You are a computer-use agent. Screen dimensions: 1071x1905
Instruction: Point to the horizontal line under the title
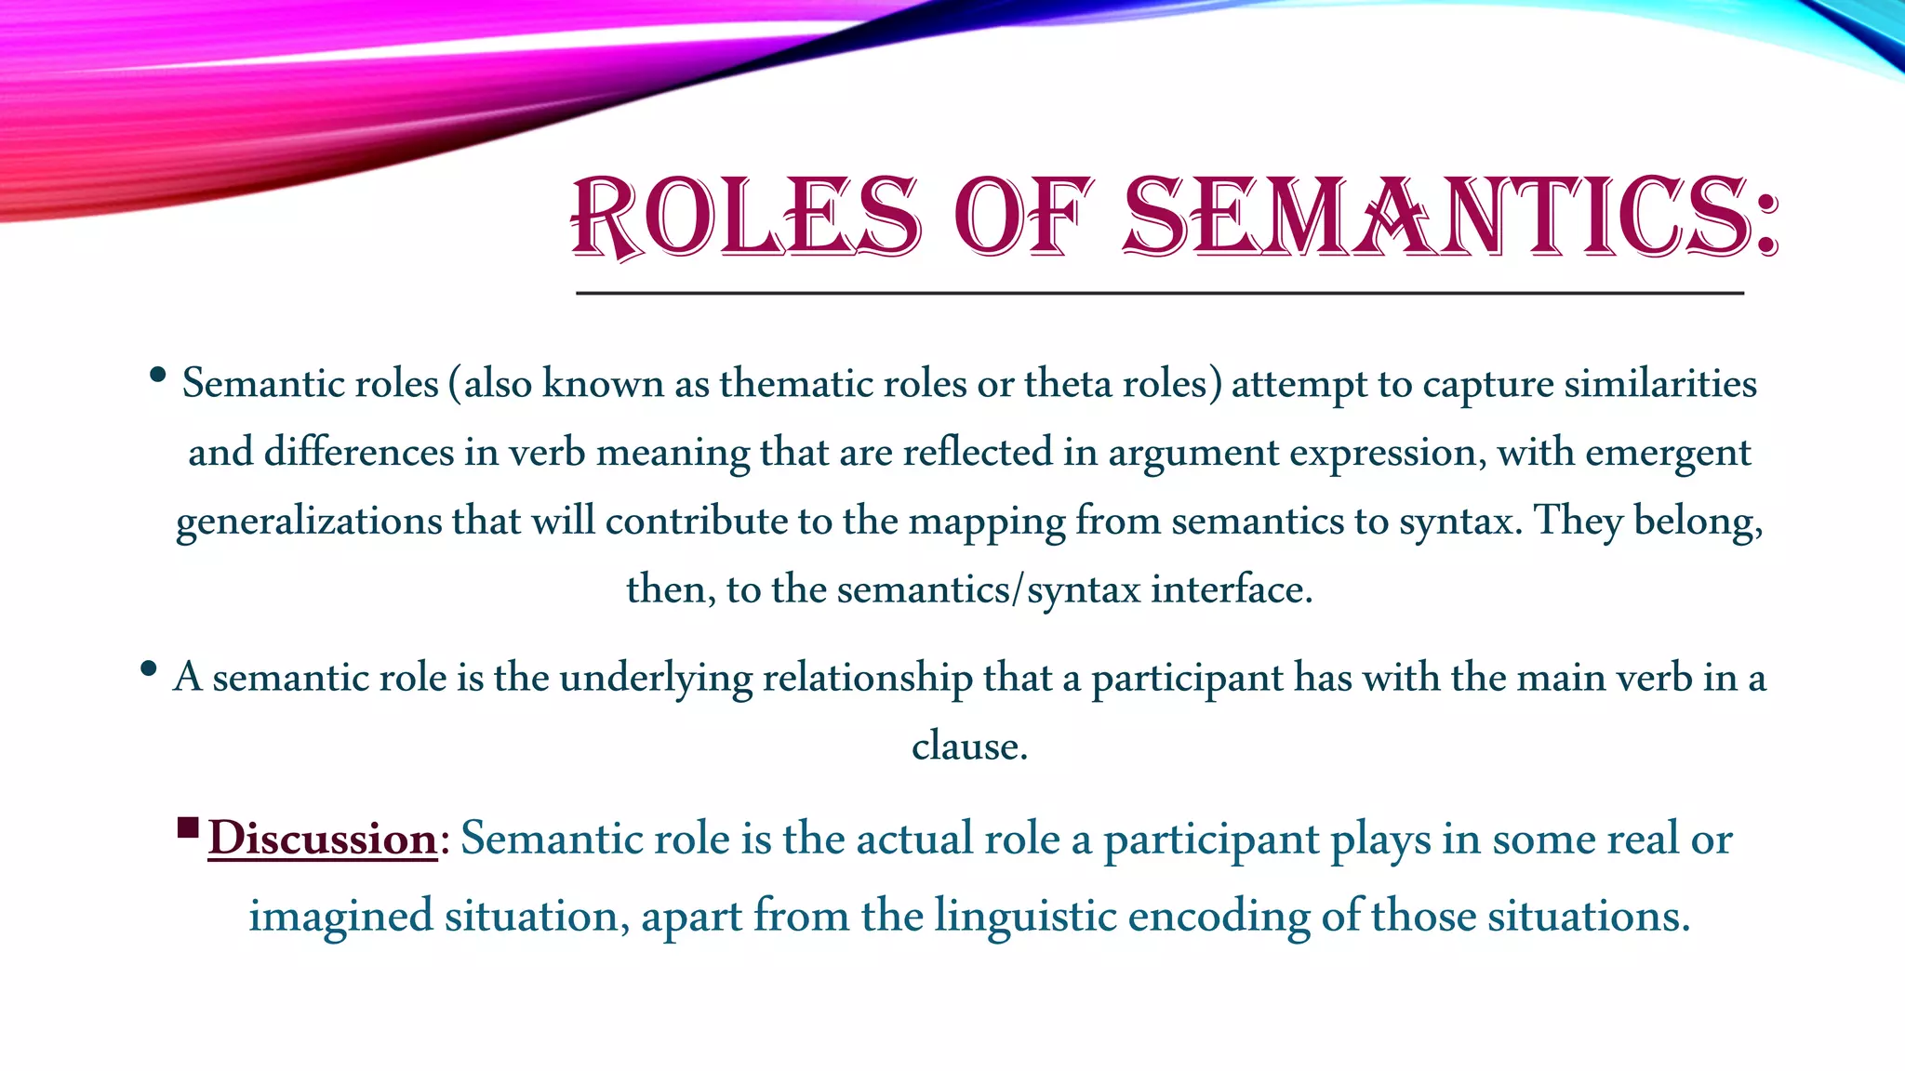(1159, 293)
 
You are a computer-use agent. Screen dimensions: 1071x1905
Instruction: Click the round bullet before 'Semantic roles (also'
(157, 375)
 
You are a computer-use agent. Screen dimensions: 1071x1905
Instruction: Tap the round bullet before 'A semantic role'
(148, 668)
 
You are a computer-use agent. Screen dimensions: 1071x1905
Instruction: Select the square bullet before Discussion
(188, 826)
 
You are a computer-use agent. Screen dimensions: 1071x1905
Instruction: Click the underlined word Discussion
(322, 839)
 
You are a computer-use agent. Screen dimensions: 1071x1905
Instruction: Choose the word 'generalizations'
(309, 521)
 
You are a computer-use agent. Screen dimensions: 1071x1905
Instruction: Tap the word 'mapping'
(986, 522)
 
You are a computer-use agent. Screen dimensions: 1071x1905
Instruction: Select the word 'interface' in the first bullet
(1231, 589)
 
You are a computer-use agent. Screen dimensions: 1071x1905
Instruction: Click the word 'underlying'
(655, 678)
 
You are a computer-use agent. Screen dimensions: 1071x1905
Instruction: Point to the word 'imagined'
(340, 917)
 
